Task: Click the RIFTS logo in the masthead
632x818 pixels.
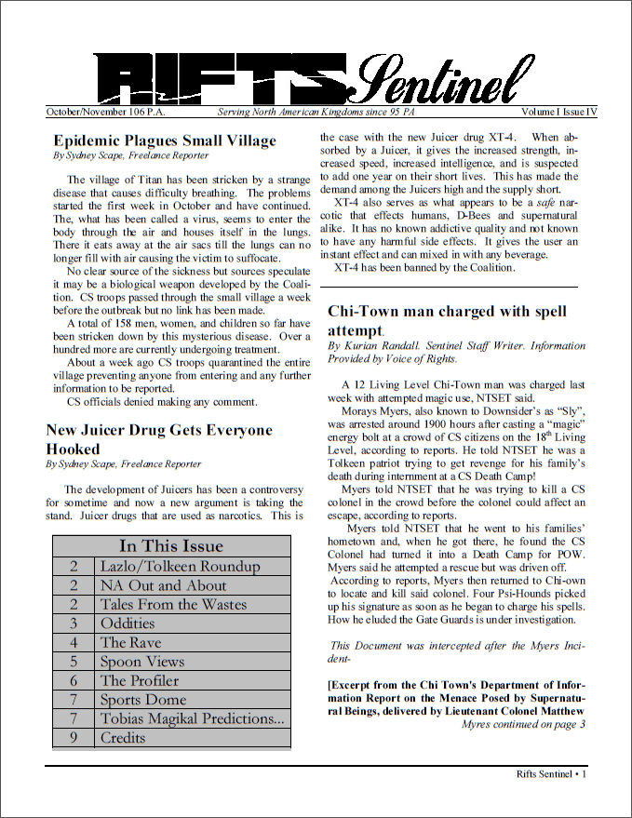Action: [223, 76]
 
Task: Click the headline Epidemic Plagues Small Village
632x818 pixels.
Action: [165, 141]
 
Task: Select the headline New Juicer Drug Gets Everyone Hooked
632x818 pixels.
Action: [159, 439]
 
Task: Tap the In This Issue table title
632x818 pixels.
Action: [171, 545]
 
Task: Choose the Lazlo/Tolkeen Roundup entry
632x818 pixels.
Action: [180, 566]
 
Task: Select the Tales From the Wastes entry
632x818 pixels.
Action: [173, 604]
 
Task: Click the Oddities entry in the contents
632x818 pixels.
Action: [128, 624]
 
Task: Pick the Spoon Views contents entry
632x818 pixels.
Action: [142, 662]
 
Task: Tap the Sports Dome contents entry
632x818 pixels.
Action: [143, 700]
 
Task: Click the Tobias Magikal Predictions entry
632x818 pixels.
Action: [192, 718]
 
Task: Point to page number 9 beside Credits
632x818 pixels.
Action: [74, 738]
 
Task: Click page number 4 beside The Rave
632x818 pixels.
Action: [74, 642]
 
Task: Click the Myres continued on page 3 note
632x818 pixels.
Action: [523, 725]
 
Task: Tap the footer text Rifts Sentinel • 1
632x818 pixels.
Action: [551, 773]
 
